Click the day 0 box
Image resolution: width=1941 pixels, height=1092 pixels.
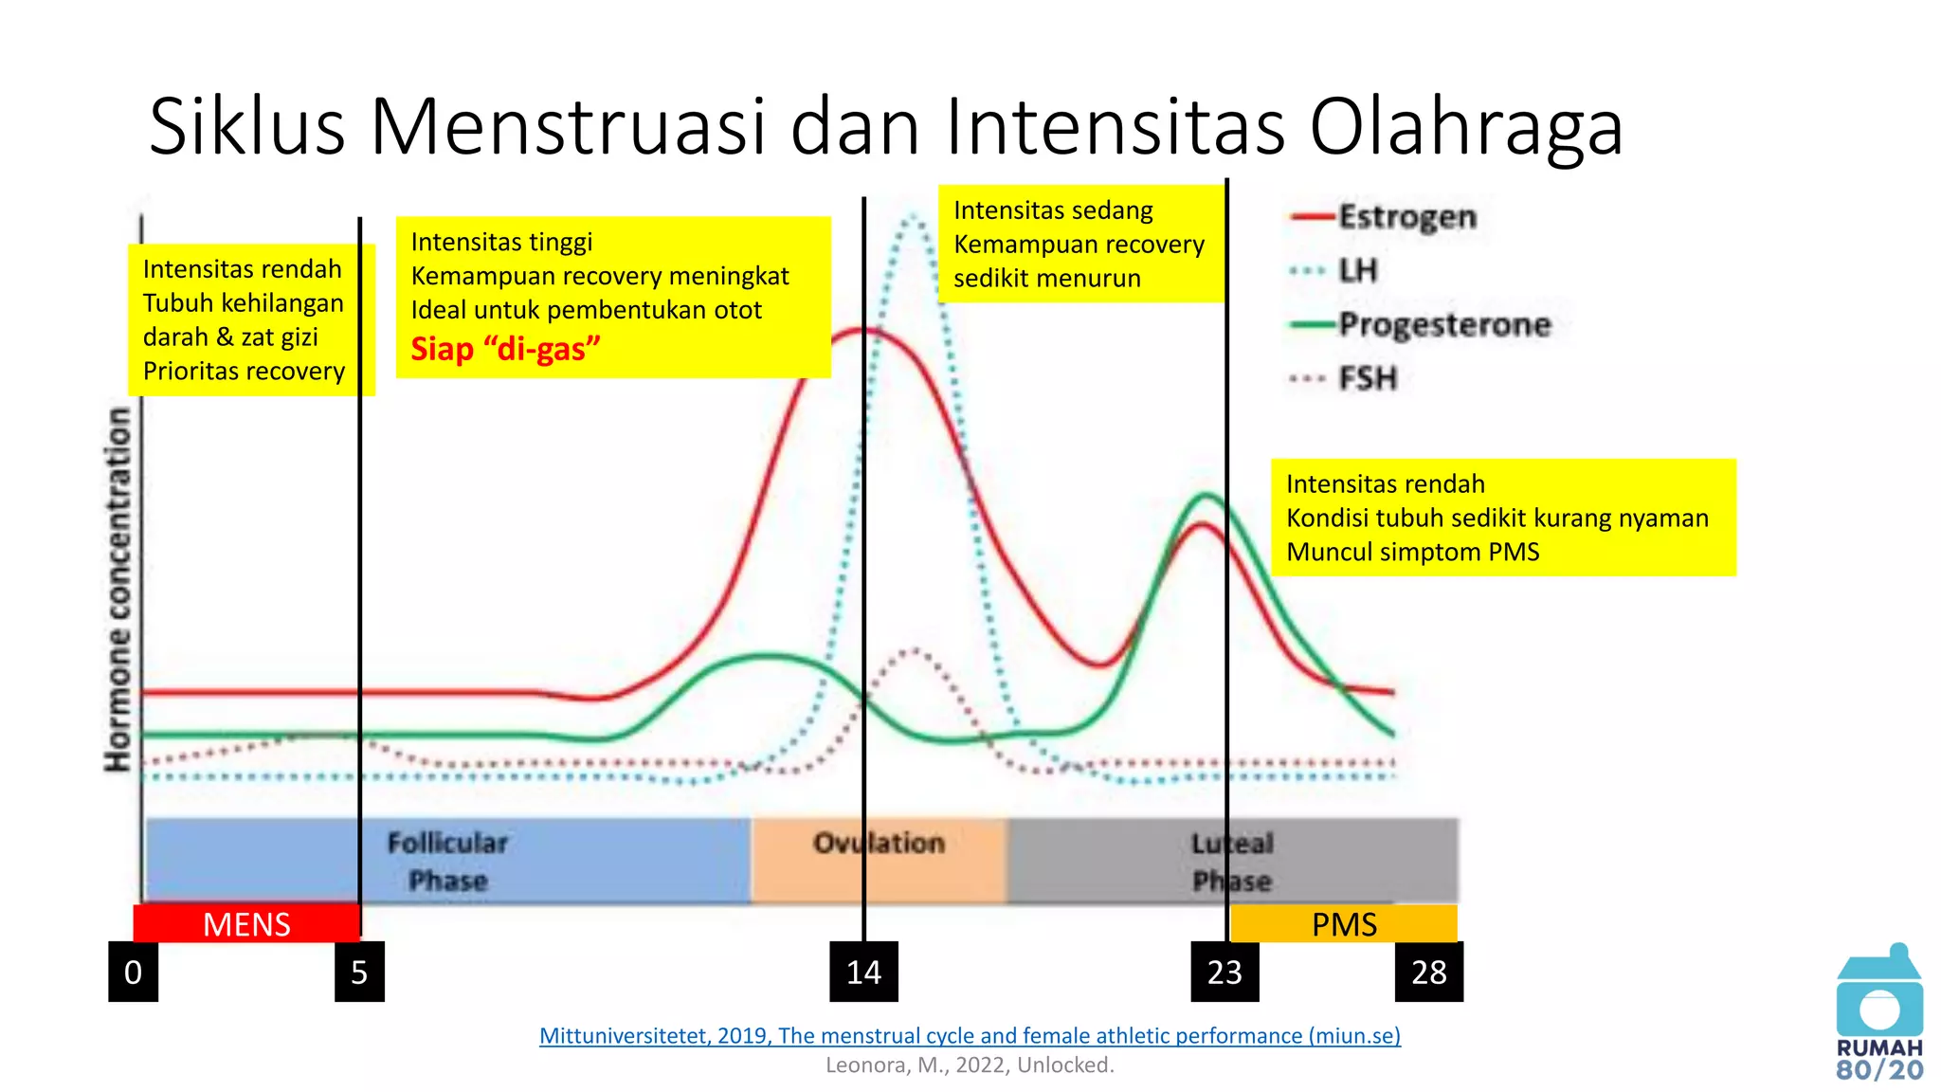pos(133,972)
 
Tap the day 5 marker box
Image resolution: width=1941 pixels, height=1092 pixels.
pos(359,972)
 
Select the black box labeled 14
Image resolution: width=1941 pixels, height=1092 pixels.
pos(863,972)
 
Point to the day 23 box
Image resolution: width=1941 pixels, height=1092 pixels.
pos(1224,972)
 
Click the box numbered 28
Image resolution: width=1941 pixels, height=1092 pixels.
pos(1428,972)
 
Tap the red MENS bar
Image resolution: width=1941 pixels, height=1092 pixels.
pos(246,923)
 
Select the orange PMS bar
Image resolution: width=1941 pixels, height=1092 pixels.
pos(1343,923)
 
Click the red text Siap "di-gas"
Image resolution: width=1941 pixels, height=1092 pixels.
pos(505,349)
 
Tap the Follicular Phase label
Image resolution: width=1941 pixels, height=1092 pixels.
pos(447,861)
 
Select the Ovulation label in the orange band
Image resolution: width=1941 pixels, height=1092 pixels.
pos(879,843)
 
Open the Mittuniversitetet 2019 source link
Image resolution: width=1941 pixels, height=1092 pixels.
pos(970,1035)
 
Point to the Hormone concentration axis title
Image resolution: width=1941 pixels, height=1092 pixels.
pos(118,589)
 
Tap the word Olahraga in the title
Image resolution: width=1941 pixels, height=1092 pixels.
pos(1466,126)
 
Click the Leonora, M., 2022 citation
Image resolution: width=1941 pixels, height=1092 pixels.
pos(970,1065)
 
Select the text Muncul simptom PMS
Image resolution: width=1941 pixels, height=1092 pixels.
pos(1412,552)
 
